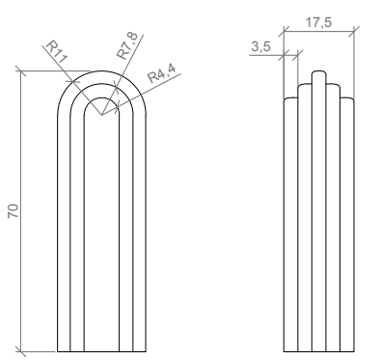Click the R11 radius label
coord(57,51)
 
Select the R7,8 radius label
coord(127,45)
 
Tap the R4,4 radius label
coord(162,73)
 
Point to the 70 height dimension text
coord(14,211)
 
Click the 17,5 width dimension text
coord(318,22)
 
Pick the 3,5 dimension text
coord(260,47)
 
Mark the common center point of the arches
coord(102,115)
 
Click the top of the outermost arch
coord(102,71)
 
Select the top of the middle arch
coord(102,84)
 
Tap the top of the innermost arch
coord(102,97)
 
